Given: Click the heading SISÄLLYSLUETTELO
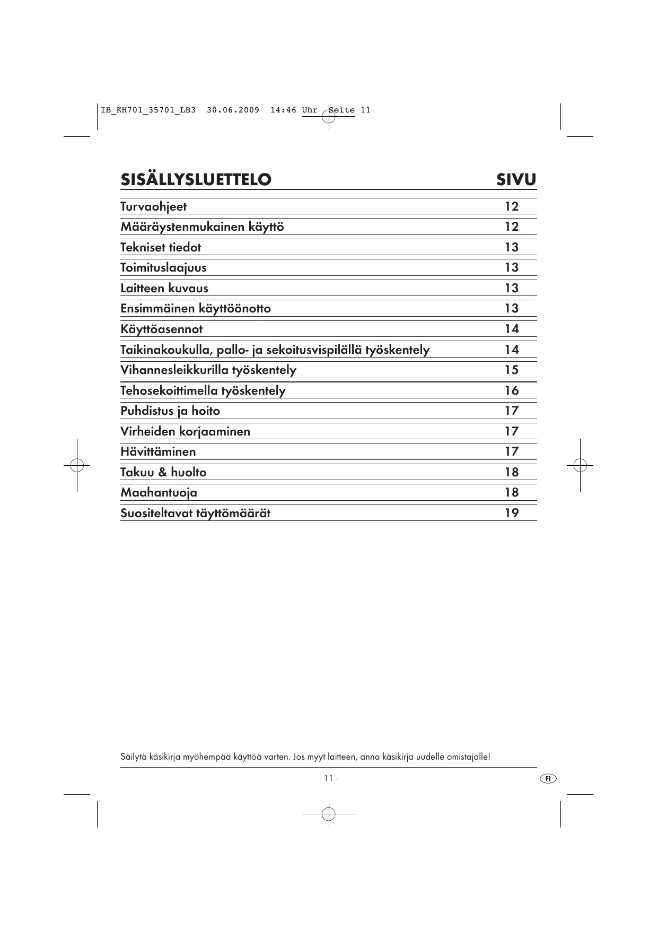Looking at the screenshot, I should tap(196, 179).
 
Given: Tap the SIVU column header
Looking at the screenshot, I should tap(516, 179).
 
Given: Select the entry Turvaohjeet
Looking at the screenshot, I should tap(153, 206).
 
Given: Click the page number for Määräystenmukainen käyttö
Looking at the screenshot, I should tap(511, 227).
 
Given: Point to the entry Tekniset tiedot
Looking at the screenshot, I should tap(161, 247).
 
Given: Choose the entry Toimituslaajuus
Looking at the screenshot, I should tap(163, 267).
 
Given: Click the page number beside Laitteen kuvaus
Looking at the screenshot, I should tap(511, 288).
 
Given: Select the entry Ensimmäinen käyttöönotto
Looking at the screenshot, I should tap(195, 308).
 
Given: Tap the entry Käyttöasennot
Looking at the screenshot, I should tap(161, 329).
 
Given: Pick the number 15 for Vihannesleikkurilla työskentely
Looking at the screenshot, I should tap(511, 370).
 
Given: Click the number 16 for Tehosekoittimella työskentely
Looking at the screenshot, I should tap(511, 390).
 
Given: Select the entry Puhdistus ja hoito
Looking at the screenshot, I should tap(170, 411).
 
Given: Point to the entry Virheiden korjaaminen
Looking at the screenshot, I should tap(185, 431).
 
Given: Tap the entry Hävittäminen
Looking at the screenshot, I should tap(158, 451).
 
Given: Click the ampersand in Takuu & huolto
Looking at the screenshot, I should tap(162, 472).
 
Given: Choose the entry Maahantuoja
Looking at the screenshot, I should tap(159, 492).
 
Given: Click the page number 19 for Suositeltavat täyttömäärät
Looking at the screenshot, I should tap(511, 513).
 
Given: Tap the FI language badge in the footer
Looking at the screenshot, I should tap(548, 778).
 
